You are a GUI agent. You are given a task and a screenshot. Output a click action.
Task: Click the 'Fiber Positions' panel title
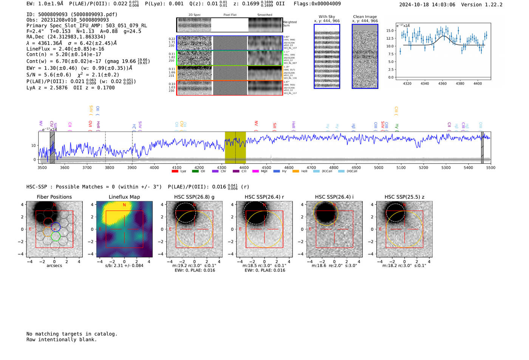54,197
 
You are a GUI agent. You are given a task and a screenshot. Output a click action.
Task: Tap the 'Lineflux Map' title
124,197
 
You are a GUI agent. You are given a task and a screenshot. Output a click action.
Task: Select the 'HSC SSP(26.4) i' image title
334,197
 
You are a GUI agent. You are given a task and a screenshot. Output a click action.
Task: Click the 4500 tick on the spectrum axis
266,167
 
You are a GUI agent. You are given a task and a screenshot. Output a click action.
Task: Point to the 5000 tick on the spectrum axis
379,167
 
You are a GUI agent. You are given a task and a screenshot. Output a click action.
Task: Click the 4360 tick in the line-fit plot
442,83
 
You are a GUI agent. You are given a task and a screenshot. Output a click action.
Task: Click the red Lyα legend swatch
175,171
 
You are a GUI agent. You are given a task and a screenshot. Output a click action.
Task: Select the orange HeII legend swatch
295,171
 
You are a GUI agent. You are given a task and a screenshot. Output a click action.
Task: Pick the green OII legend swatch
195,171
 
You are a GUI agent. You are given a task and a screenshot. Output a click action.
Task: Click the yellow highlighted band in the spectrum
235,147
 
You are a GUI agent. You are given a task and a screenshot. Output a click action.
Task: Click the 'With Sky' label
327,17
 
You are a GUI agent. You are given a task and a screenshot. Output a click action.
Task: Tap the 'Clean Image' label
365,17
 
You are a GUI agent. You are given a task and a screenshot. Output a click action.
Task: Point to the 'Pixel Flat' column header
230,15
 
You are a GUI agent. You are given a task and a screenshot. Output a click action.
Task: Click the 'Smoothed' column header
264,15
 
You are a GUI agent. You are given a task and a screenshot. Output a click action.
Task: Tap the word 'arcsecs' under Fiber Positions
54,266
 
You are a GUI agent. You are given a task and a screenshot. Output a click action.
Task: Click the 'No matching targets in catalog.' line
72,334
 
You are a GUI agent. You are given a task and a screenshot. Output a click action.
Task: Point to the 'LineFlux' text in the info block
38,49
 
